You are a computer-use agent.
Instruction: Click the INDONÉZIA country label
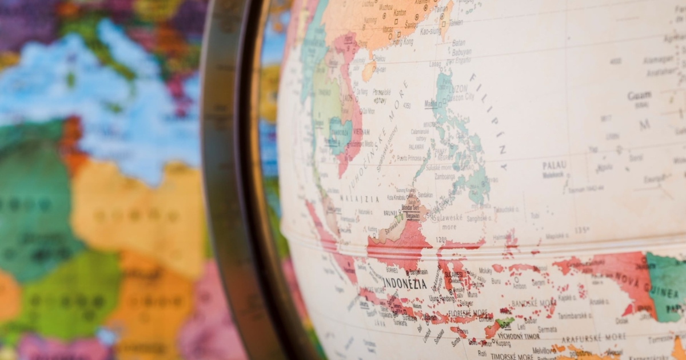[405, 283]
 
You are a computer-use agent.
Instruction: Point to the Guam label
[639, 96]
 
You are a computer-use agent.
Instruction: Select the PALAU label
[554, 166]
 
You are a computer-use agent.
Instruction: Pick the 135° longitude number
[582, 230]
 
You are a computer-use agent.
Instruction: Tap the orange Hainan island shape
[369, 71]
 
